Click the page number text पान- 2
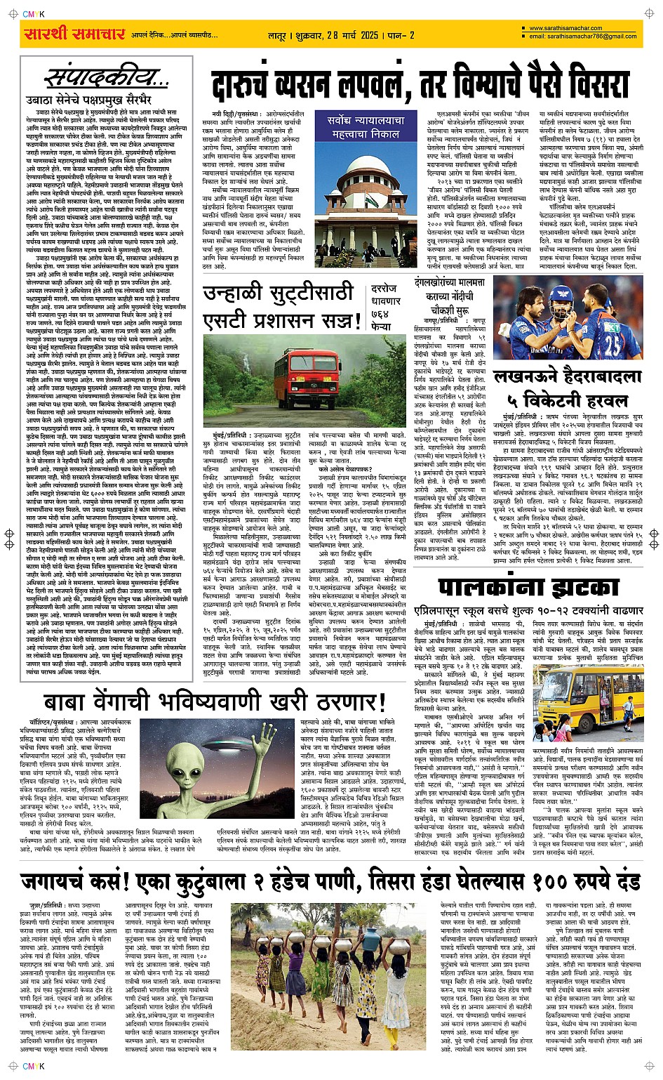(401, 34)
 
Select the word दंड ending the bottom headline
(624, 881)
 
